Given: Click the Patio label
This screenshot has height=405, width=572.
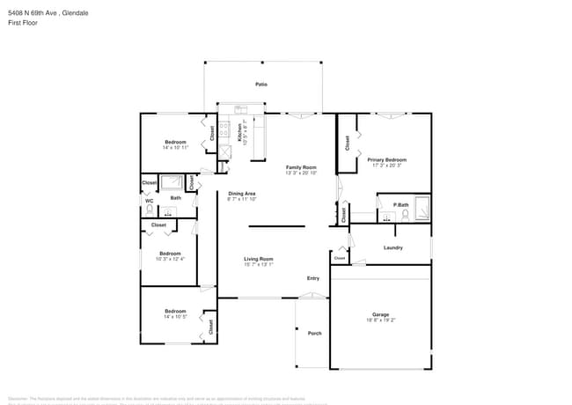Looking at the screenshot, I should tap(261, 85).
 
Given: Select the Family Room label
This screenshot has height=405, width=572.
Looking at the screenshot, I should tap(301, 166).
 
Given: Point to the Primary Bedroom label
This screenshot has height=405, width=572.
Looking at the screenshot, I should tap(387, 159).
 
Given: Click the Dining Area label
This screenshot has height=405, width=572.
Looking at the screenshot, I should tap(242, 194).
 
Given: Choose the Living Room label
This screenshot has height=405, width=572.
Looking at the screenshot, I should tap(259, 259).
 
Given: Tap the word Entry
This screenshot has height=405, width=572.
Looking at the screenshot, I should tap(313, 278).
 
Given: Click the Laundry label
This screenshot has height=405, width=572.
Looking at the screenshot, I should tap(393, 247).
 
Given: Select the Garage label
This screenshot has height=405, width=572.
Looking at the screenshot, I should tap(380, 314).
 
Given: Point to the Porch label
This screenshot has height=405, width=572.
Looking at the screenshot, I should tap(314, 334).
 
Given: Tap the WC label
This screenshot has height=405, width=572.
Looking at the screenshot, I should tap(150, 200).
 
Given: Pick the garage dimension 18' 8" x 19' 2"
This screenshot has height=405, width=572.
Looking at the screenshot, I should tap(380, 320).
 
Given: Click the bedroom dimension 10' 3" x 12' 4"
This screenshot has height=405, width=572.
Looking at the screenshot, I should tap(170, 259).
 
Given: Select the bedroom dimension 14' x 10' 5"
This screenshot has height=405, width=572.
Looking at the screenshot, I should tap(175, 316).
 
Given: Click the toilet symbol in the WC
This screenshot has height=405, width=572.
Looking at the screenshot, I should tap(150, 211).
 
